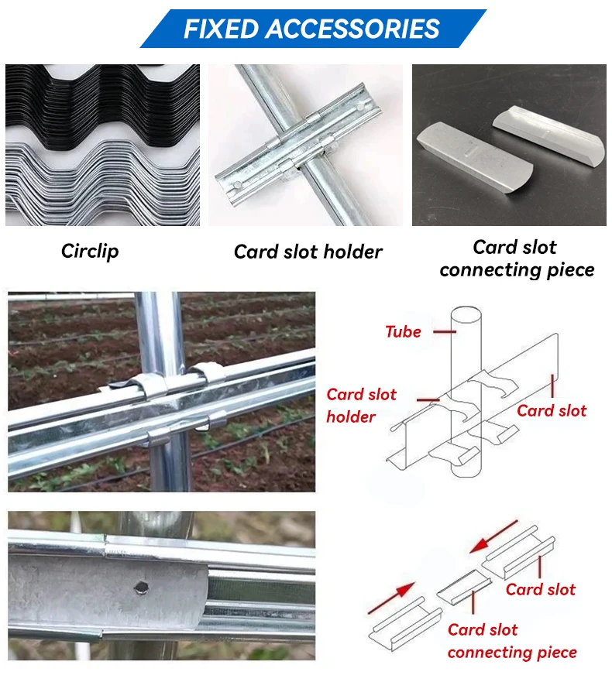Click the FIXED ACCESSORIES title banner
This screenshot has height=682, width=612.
pyautogui.click(x=312, y=29)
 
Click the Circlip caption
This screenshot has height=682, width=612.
pyautogui.click(x=90, y=251)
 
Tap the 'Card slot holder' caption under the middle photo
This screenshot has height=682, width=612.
pyautogui.click(x=308, y=252)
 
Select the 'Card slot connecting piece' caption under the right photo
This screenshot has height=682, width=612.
pyautogui.click(x=517, y=259)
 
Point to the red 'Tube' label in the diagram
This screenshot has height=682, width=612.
pyautogui.click(x=404, y=332)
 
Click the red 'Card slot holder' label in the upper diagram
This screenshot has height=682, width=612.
pyautogui.click(x=361, y=406)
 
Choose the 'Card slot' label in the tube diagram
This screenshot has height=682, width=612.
pyautogui.click(x=552, y=410)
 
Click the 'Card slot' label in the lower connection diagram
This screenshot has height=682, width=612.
pyautogui.click(x=541, y=590)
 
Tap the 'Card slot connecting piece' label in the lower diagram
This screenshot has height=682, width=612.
pyautogui.click(x=511, y=641)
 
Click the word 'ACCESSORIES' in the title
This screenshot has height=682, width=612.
pyautogui.click(x=353, y=29)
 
